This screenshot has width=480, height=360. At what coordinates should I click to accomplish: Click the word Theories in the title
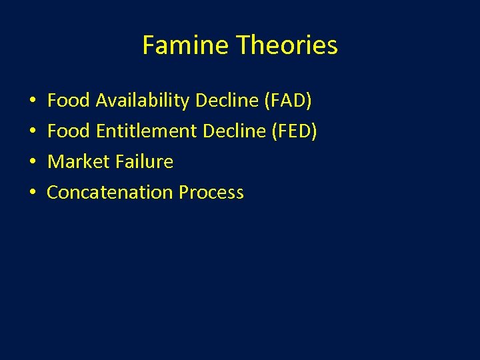[x=287, y=46]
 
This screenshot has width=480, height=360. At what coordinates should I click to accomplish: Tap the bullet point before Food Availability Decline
[x=33, y=101]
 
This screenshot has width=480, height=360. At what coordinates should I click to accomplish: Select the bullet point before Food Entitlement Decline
[x=33, y=132]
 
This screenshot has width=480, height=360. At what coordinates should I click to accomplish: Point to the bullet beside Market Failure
[x=33, y=163]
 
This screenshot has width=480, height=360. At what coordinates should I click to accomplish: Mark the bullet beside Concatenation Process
[x=33, y=193]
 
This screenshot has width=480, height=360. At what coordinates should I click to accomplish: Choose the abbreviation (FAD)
[x=288, y=101]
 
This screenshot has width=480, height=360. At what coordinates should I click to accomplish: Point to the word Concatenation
[x=110, y=193]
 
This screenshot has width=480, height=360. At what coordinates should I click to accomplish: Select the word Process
[x=211, y=193]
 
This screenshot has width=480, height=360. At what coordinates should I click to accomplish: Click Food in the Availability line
[x=69, y=101]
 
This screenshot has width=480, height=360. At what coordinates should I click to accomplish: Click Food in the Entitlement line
[x=69, y=131]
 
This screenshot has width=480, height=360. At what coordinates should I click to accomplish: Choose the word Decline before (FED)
[x=233, y=131]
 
